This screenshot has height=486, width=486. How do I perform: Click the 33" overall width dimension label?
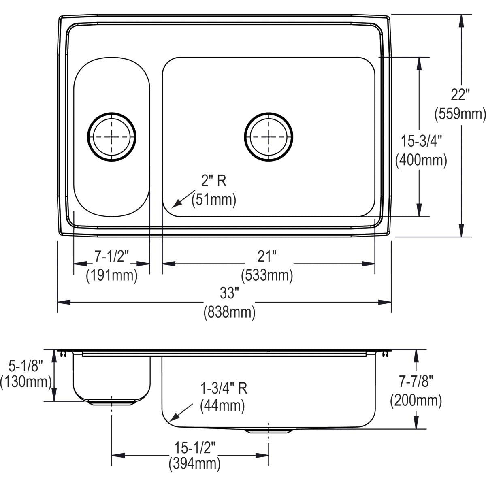point(229,293)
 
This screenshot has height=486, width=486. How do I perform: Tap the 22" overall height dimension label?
point(460,96)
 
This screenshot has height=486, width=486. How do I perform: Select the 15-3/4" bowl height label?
point(421,141)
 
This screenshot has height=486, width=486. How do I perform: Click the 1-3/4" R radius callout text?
point(224,389)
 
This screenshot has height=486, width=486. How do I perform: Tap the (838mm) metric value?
point(229,312)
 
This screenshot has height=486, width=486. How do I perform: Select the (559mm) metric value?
point(460,114)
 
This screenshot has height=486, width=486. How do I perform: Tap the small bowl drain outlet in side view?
point(111,402)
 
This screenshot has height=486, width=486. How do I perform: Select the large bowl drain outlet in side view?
point(269,431)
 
